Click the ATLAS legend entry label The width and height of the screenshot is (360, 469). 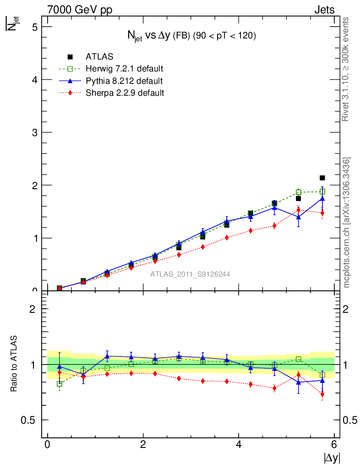(x=99, y=57)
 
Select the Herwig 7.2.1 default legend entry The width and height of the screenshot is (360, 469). (x=124, y=69)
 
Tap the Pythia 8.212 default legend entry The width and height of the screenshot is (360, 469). (x=124, y=81)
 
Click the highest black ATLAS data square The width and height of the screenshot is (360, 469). (x=322, y=178)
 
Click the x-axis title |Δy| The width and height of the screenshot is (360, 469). (x=332, y=458)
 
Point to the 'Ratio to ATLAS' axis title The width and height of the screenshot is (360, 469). (x=14, y=365)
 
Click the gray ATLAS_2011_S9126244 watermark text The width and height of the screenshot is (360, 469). (x=190, y=274)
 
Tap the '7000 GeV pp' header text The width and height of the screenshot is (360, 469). (x=80, y=10)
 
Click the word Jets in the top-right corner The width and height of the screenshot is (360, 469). (x=324, y=10)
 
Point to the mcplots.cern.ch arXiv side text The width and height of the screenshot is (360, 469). (x=347, y=223)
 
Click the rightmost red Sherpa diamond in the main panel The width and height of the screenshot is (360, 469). (x=322, y=213)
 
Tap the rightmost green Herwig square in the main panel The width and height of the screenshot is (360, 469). (x=322, y=191)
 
